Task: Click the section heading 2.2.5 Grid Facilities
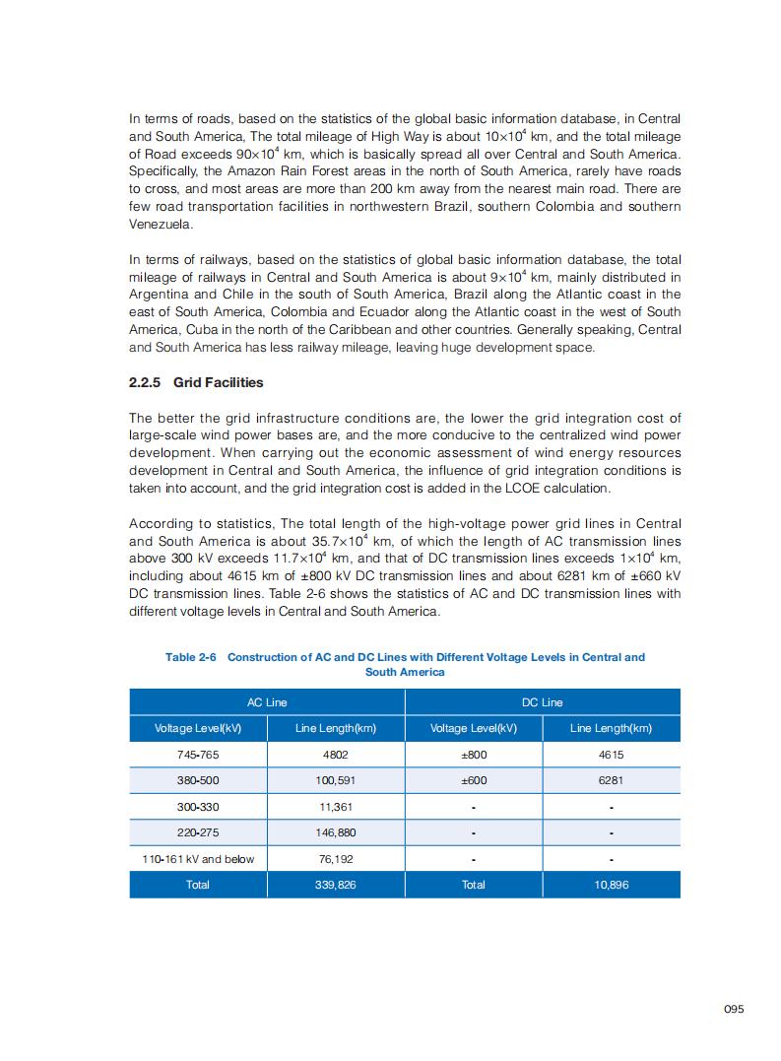pos(196,382)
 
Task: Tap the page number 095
pos(734,1009)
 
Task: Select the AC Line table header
pos(267,702)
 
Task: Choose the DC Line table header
pos(542,702)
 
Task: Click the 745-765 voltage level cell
pos(198,755)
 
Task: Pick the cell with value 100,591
pos(335,780)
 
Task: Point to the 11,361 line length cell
pos(335,807)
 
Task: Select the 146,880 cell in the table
pos(335,832)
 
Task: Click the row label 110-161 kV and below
pos(198,859)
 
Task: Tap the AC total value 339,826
pos(335,885)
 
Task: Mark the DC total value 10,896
pos(611,885)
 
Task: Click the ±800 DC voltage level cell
pos(473,755)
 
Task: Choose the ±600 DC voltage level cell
pos(473,780)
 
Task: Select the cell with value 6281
pos(611,780)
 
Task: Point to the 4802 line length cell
pos(335,755)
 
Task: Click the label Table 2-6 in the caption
pos(190,657)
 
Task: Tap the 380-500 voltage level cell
pos(198,780)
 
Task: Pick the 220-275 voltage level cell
pos(198,832)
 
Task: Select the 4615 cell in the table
pos(611,755)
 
